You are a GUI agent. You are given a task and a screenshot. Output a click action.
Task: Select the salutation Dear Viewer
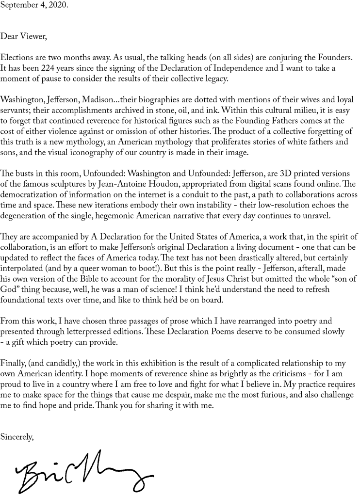tap(23, 36)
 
